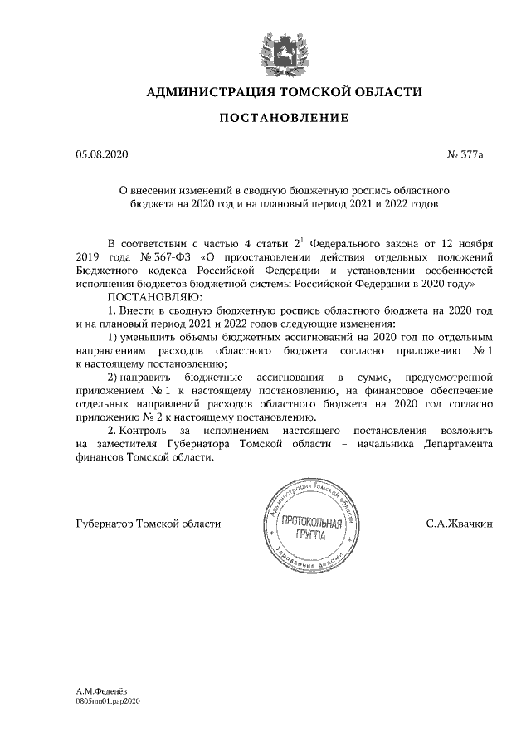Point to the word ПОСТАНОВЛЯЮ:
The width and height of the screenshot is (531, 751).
point(149,296)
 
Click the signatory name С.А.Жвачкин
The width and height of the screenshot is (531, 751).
point(460,524)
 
